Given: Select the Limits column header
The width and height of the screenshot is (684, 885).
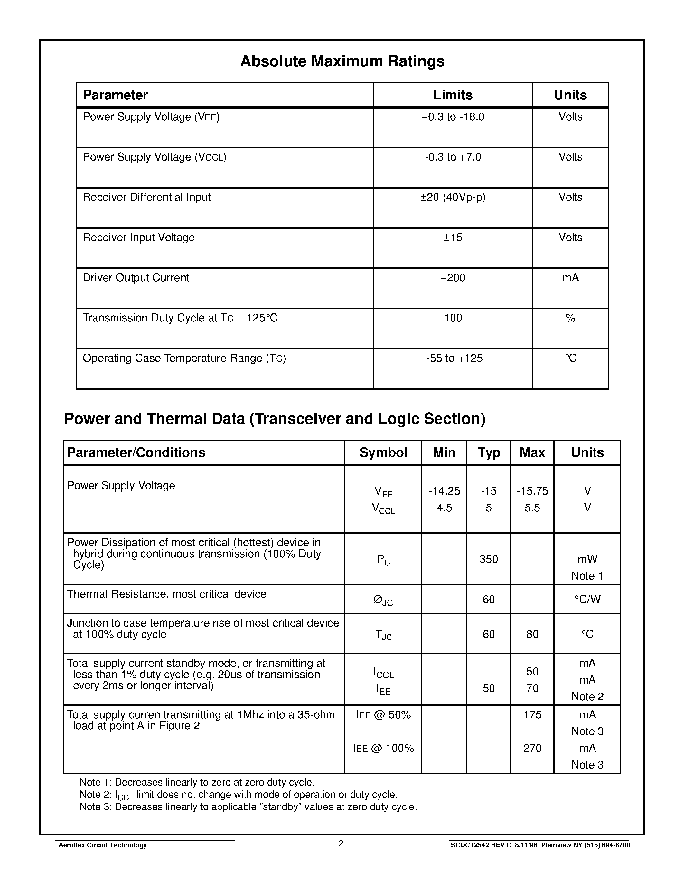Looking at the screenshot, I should [453, 95].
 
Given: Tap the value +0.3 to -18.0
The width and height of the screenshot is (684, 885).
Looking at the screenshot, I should [453, 117].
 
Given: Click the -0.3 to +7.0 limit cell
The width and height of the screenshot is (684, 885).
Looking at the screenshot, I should [453, 157].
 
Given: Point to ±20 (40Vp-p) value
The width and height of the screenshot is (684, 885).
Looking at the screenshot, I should [453, 197].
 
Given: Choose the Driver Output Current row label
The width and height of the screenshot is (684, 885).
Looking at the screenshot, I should [136, 278].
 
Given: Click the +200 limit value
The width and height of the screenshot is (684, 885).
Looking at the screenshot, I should [453, 278].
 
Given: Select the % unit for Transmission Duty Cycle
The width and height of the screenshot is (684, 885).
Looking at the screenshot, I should [570, 318].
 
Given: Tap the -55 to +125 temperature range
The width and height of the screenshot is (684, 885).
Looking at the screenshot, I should [454, 358].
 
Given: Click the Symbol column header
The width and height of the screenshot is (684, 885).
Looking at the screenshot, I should [383, 452].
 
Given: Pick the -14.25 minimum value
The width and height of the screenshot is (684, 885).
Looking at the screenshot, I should [444, 491].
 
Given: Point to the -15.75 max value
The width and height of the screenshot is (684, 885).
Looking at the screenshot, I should [532, 491].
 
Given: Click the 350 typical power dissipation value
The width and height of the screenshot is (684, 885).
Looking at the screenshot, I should [488, 559].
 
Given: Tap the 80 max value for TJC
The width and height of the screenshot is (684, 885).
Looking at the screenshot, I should [532, 634].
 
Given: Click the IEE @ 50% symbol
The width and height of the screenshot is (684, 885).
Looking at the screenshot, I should [383, 715].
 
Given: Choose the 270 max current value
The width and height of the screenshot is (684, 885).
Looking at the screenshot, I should [532, 748].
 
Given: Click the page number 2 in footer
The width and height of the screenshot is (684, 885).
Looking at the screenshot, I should [341, 844].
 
